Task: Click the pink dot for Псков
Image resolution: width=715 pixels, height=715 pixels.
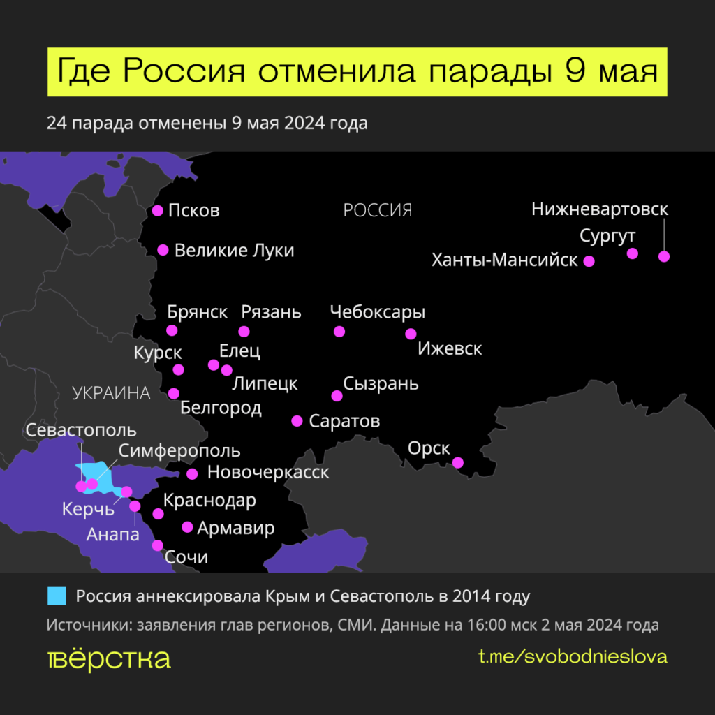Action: [158, 210]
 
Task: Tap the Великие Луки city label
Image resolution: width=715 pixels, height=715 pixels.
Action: [234, 250]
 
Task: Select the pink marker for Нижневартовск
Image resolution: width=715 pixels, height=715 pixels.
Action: [664, 256]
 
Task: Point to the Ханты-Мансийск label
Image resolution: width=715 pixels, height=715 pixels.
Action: [505, 260]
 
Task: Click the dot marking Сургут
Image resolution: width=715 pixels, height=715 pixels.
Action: [633, 253]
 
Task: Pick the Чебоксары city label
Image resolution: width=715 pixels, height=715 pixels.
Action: [377, 311]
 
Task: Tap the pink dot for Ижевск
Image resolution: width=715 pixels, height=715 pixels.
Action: [411, 334]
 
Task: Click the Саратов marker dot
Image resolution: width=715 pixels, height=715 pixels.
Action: [297, 420]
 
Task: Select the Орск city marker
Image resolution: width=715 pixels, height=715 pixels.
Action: [458, 462]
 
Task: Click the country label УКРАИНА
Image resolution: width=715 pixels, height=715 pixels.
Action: [112, 393]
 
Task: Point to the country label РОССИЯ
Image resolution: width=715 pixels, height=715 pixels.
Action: [378, 209]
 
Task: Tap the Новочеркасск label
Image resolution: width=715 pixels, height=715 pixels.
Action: [268, 473]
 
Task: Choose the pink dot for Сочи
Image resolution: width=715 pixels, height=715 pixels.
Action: [158, 545]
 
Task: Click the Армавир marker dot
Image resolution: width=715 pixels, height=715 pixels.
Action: [187, 527]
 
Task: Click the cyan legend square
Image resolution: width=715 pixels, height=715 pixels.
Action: [57, 596]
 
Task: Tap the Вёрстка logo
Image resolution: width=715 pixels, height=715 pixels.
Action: [109, 658]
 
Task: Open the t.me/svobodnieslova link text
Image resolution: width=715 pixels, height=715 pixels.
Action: [573, 656]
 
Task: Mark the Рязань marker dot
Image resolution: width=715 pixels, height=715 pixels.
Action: [244, 331]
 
